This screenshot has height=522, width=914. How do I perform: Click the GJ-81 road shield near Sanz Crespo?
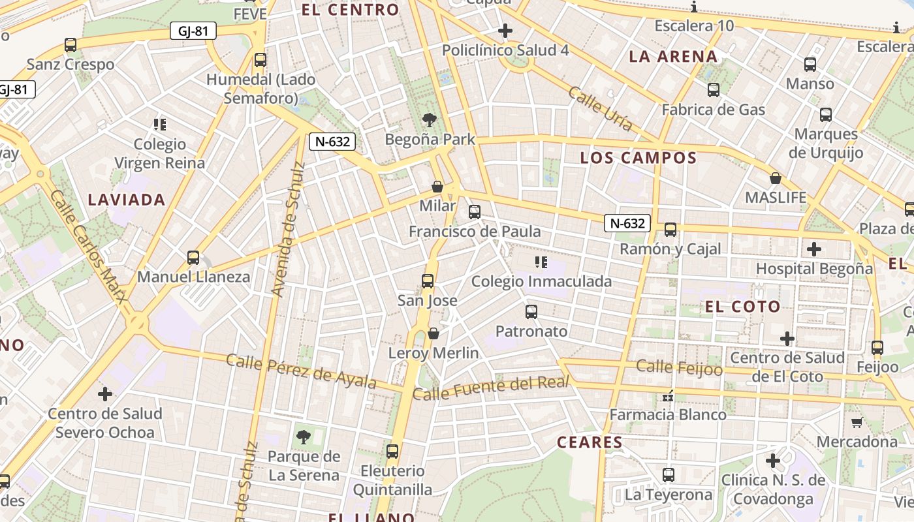pos(193,31)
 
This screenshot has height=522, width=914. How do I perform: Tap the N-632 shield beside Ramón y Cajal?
pos(627,223)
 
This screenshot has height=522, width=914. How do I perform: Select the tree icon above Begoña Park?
pos(430,120)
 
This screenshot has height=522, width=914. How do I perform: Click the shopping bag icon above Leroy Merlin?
pos(433,334)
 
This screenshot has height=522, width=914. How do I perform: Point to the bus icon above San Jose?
pos(428,281)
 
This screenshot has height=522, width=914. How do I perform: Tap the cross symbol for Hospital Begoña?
pos(813,249)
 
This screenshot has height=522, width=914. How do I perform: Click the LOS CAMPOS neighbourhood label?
pos(638,158)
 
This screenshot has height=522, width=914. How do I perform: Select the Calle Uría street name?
pos(599,109)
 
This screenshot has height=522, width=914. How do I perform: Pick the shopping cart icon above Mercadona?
pos(857,423)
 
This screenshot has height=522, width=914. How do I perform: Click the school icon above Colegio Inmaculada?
pos(541,262)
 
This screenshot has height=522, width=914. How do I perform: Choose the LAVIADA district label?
pos(127,200)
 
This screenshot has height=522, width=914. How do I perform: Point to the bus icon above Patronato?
pos(531,312)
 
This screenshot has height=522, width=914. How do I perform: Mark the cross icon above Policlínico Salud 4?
pos(505,31)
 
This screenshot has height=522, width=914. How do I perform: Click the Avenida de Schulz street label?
pos(288,228)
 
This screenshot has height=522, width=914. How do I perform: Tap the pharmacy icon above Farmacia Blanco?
pos(667,395)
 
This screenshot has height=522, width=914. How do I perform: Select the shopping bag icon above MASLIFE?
pos(776,178)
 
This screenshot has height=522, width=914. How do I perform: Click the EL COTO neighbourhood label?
pos(742,307)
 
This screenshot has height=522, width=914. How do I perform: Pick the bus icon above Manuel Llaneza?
pos(193,257)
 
